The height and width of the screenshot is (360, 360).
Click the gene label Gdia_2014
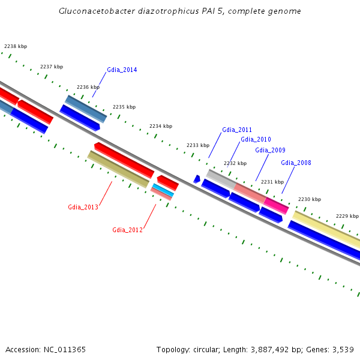click(x=122, y=70)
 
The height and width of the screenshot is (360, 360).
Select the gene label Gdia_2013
click(x=83, y=207)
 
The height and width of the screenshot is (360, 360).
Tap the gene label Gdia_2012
click(x=127, y=230)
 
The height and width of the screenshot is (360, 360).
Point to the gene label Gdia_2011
click(x=237, y=130)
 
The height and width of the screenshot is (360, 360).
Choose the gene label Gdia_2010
click(x=256, y=140)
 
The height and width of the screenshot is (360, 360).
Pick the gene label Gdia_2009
click(x=270, y=150)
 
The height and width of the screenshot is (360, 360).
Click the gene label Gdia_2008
click(x=296, y=163)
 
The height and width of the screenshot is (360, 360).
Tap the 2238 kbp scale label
click(x=16, y=46)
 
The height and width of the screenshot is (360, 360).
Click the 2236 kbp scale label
click(x=88, y=87)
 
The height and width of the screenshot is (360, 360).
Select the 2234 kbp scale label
click(x=161, y=126)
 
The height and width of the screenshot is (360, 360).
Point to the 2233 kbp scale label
click(x=198, y=145)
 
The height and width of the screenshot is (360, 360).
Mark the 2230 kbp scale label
click(x=310, y=199)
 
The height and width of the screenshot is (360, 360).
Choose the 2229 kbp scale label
click(x=347, y=216)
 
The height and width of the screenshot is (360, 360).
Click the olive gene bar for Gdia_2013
click(x=118, y=169)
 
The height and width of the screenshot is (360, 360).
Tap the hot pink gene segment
click(x=277, y=205)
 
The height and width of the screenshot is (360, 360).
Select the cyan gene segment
click(x=163, y=190)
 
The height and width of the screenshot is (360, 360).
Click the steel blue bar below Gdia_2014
click(x=86, y=108)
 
